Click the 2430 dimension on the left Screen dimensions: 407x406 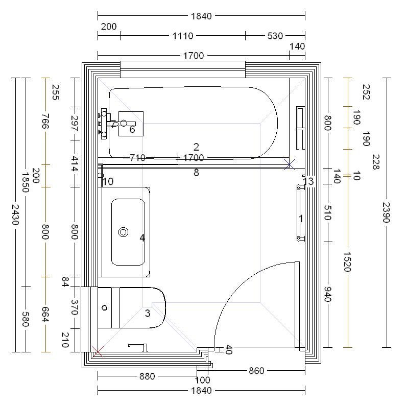coord(15,214)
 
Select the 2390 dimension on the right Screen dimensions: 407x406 coord(387,212)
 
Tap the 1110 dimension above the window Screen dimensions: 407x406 coord(183,36)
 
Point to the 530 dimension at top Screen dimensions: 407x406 coord(275,36)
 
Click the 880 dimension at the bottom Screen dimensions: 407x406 coord(147,376)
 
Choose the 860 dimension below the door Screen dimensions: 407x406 coord(256,371)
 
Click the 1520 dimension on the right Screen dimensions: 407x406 coord(347,261)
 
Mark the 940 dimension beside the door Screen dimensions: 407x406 coord(328,294)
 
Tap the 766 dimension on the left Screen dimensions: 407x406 coord(45,121)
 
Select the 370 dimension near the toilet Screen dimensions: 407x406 coord(75,307)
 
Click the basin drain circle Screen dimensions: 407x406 coord(123,232)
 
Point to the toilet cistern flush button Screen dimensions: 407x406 coord(105,307)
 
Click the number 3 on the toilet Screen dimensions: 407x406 coord(148,314)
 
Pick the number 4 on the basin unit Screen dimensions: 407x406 coord(142,237)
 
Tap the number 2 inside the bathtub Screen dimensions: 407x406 coord(196,147)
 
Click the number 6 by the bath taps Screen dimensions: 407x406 coord(132,129)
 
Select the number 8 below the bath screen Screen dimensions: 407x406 coord(196,173)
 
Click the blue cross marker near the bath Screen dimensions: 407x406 coord(290,164)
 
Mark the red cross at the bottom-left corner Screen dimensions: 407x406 coord(98,352)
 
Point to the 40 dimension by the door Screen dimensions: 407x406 coord(228,349)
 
